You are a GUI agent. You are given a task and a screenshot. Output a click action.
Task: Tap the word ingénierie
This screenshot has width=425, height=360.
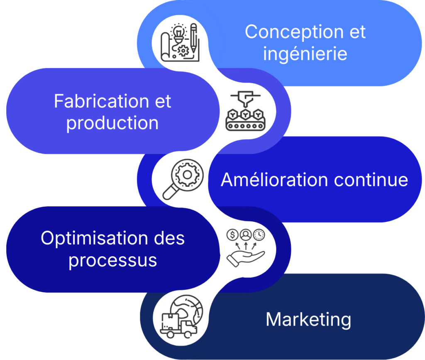(305, 54)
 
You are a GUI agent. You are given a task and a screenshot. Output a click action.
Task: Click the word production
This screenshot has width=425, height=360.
(112, 123)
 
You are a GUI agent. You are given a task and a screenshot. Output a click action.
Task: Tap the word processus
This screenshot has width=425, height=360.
(112, 260)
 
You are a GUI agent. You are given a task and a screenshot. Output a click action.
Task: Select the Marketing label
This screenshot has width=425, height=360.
(308, 320)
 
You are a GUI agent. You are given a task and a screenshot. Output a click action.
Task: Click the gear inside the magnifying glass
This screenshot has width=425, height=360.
(186, 175)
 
